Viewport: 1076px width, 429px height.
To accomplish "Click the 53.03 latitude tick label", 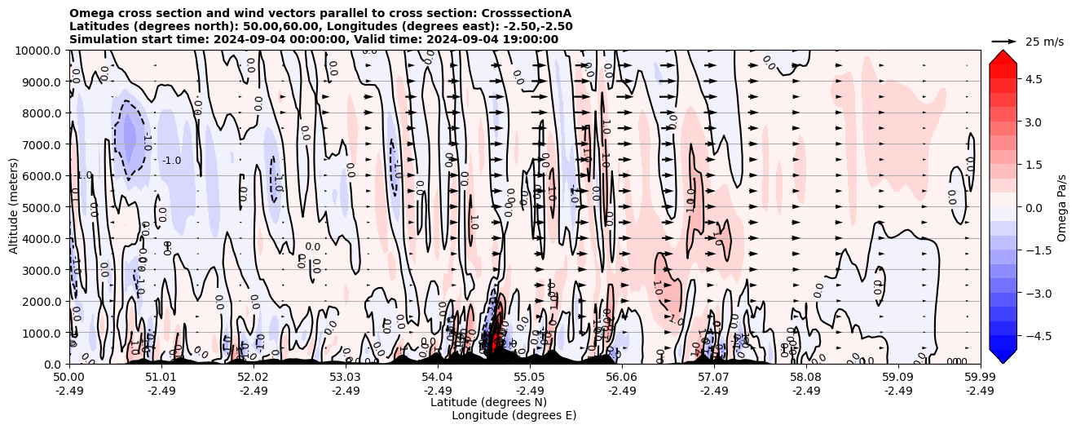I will (345, 378).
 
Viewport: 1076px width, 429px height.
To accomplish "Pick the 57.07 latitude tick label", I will (714, 378).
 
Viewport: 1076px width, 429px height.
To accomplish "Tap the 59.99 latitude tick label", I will (980, 378).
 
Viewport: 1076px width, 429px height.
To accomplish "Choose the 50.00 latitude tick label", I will (69, 378).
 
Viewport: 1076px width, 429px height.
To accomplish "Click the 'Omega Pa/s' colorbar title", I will (1061, 207).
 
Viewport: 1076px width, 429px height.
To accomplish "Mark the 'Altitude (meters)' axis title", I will (14, 207).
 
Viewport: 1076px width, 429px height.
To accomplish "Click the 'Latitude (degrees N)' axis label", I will (488, 402).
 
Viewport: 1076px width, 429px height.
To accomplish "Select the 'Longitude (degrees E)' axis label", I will (514, 415).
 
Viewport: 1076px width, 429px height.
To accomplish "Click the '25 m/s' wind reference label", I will (1044, 42).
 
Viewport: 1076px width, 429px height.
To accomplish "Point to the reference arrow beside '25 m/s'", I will (1004, 41).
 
